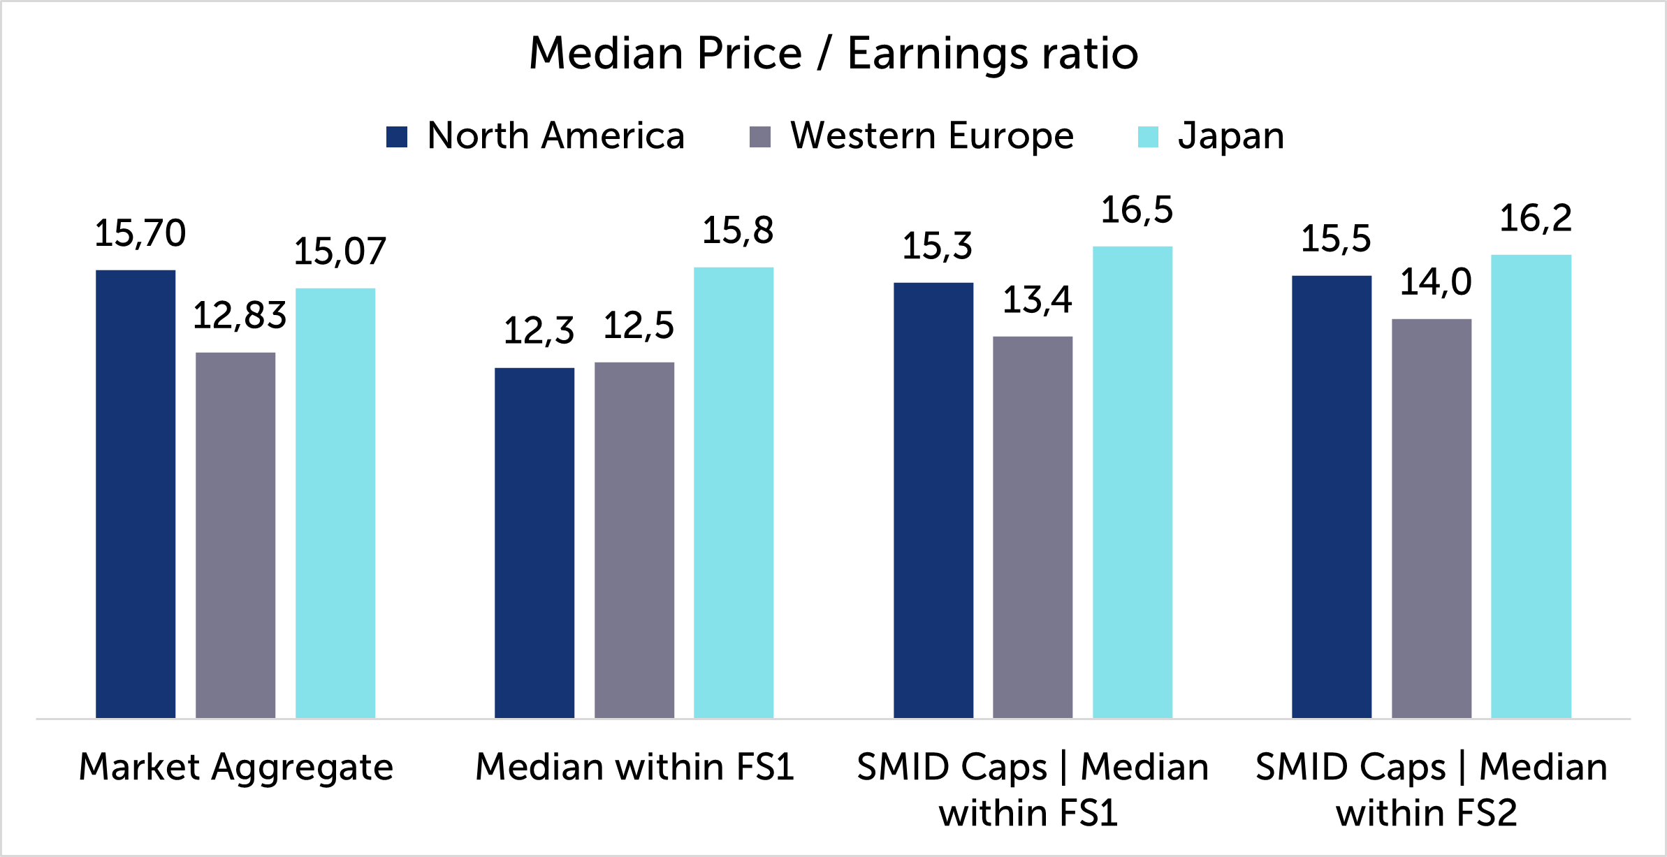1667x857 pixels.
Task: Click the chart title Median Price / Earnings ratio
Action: tap(833, 53)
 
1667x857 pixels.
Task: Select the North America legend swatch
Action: tap(397, 137)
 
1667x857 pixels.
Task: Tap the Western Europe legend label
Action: tap(931, 135)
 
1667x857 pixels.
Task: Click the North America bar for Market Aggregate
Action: tap(136, 494)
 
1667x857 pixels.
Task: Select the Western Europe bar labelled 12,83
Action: tap(235, 535)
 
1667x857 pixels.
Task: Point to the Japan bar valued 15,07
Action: tap(335, 503)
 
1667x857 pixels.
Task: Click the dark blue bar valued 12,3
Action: tap(534, 543)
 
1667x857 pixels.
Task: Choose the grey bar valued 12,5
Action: tap(634, 540)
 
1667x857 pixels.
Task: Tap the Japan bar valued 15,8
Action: tap(734, 492)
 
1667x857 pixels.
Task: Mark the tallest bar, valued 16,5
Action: tap(1133, 482)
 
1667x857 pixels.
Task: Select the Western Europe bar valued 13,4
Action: tap(1033, 527)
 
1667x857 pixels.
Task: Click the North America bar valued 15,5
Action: tap(1332, 497)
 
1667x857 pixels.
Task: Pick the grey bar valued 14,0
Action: tap(1432, 518)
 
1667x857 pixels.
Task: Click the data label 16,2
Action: tap(1536, 219)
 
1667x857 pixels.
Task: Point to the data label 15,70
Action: tap(140, 233)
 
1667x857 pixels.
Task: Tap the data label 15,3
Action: tap(937, 247)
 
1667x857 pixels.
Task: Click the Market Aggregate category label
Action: tap(236, 768)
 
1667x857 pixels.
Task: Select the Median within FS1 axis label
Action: tap(634, 767)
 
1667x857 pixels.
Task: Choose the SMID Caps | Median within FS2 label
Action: tap(1431, 789)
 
